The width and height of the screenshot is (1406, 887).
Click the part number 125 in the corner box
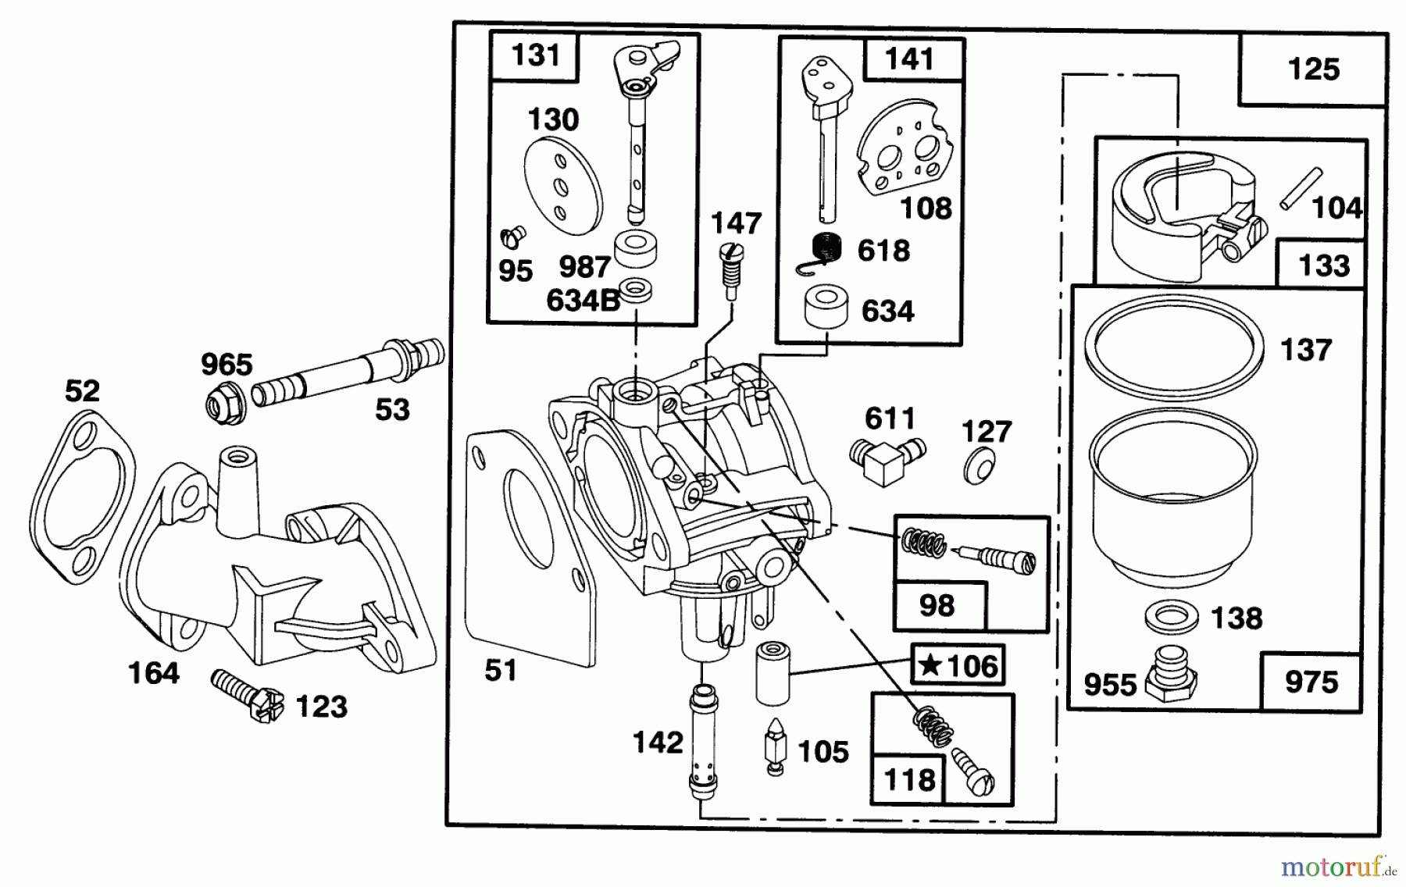(1313, 69)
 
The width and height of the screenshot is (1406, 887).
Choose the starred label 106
(958, 666)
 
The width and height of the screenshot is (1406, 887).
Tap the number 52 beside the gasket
(83, 390)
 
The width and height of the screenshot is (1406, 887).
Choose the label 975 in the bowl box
(1311, 682)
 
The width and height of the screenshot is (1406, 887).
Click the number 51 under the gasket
(500, 670)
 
